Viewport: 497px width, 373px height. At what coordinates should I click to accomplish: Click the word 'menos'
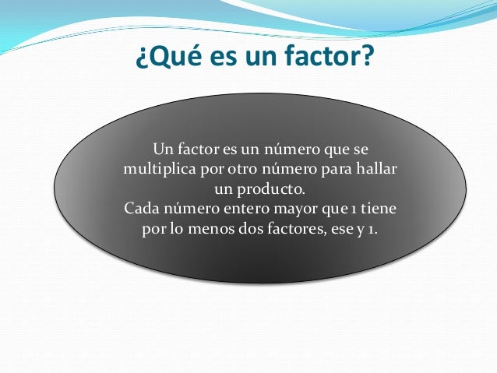coord(215,231)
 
